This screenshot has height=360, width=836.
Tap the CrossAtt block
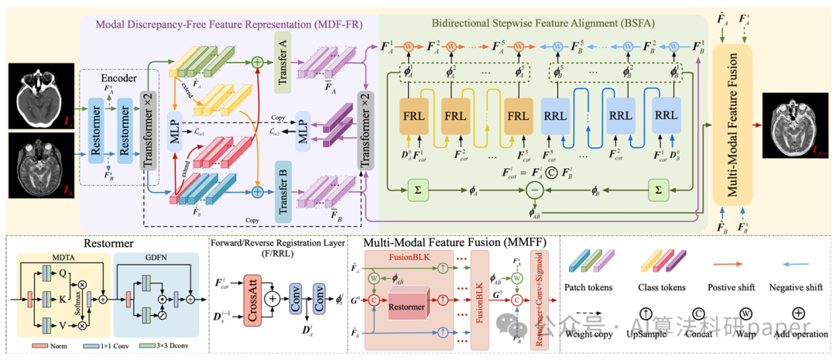tap(254, 298)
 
